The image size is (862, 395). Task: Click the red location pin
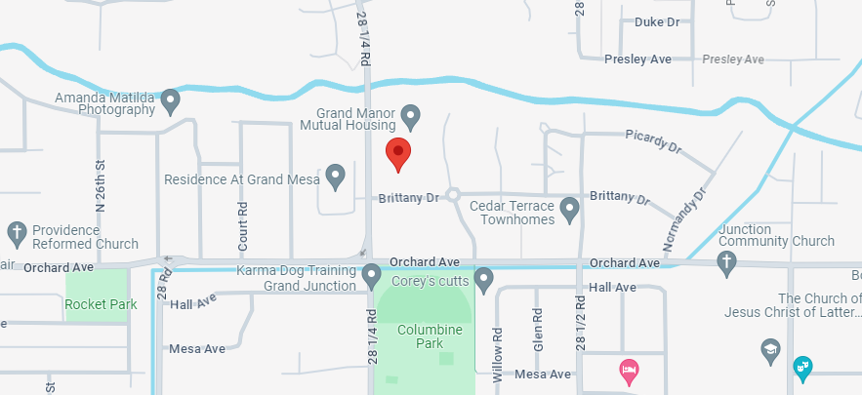pos(398,153)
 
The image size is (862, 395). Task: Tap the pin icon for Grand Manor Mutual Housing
pos(411,117)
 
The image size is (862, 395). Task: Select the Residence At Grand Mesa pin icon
pos(336,177)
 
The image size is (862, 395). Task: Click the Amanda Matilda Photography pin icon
pos(171,100)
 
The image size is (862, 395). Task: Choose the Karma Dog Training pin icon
pos(371,276)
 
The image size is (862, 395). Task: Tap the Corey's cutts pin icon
pos(483,281)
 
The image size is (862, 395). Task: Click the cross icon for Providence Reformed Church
pos(16,233)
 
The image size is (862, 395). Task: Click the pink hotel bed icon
pos(629,370)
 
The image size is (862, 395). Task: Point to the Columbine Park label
pos(424,336)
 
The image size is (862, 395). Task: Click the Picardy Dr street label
pos(653,140)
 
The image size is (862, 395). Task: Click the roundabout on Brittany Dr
pos(453,195)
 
